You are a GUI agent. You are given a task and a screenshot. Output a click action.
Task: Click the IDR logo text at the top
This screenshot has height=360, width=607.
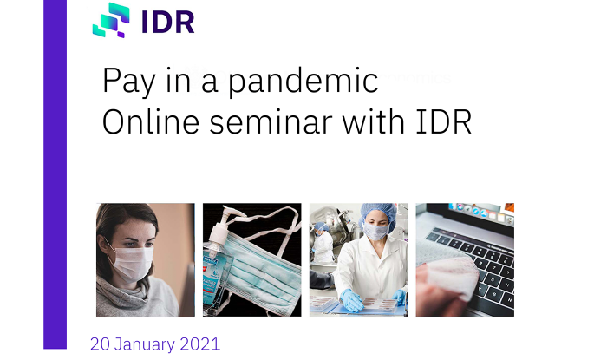168,22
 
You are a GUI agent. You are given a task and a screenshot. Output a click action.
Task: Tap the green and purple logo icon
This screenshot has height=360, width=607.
111,20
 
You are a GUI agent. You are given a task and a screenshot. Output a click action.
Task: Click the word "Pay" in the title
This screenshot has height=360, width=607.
128,82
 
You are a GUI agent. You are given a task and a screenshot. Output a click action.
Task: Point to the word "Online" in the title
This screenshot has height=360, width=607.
151,121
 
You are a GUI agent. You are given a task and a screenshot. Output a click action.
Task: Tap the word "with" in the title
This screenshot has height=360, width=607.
373,121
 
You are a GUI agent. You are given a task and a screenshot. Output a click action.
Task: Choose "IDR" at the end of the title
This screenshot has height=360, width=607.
444,121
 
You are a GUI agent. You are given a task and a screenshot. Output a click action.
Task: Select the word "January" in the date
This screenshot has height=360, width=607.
145,344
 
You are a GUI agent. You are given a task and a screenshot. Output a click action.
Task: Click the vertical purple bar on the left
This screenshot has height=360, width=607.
55,174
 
